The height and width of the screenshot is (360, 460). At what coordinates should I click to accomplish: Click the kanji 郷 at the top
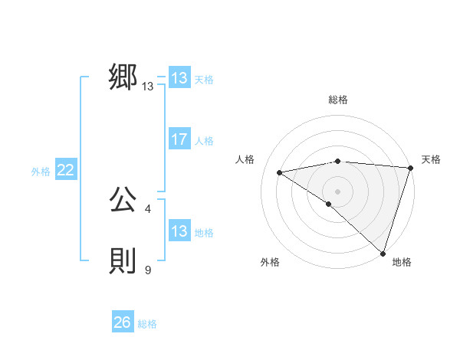[x=123, y=77]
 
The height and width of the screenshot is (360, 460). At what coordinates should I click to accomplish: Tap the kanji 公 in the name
[x=123, y=201]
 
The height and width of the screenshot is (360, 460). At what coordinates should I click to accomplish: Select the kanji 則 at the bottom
[x=123, y=262]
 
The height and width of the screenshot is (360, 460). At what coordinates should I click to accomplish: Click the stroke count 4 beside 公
[x=147, y=208]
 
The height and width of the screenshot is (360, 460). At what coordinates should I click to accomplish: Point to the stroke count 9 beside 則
[x=148, y=270]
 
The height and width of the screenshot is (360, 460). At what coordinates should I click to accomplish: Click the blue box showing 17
[x=179, y=139]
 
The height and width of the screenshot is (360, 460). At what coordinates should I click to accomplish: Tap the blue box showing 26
[x=123, y=323]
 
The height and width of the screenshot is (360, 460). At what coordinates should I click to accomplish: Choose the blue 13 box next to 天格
[x=179, y=78]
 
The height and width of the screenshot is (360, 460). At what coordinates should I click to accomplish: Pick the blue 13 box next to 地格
[x=179, y=231]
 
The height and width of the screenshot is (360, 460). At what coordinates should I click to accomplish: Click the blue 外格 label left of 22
[x=41, y=172]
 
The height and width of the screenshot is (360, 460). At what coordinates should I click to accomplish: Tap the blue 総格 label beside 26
[x=147, y=324]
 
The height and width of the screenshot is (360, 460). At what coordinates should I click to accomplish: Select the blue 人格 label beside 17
[x=204, y=140]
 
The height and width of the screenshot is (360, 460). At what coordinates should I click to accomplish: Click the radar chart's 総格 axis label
[x=337, y=100]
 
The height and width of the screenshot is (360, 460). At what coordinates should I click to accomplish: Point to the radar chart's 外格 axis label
[x=270, y=262]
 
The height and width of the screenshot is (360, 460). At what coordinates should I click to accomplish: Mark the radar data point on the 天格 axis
[x=410, y=168]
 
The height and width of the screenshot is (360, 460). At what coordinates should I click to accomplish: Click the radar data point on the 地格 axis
[x=383, y=253]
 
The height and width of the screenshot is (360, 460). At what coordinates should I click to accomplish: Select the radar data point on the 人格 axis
[x=280, y=172]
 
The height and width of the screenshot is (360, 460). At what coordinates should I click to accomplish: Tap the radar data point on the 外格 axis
[x=328, y=204]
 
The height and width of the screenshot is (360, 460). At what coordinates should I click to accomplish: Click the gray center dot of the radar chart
[x=337, y=191]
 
